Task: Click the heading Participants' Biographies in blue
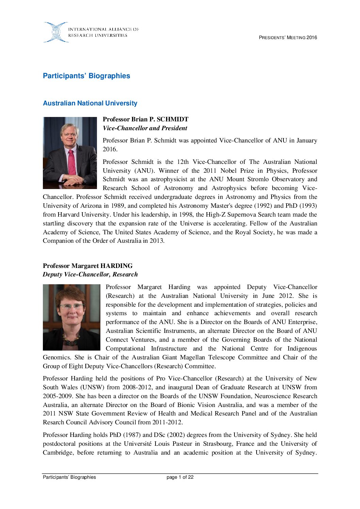pos(86,76)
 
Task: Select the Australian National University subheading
pos(90,103)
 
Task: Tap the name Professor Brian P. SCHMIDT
pos(145,119)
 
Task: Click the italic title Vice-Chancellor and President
pos(145,128)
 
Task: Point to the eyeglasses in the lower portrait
pos(71,306)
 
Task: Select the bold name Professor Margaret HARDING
pos(88,266)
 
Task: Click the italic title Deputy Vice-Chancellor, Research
pos(90,274)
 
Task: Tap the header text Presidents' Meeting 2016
pos(288,38)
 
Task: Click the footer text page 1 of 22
pos(180,477)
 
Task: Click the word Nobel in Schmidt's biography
pos(229,171)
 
